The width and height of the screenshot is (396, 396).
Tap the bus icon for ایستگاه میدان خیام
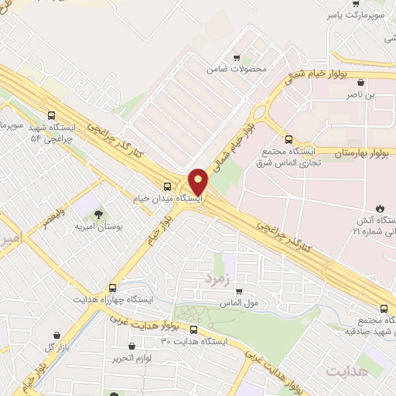[x=168, y=186]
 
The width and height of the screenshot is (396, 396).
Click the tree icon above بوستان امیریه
[x=100, y=214]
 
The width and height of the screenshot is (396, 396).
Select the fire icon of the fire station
[x=380, y=207]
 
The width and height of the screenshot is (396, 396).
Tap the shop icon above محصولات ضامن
[x=237, y=56]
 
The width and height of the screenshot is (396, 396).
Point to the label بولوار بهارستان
[x=364, y=154]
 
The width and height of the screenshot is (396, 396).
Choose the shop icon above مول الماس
[x=238, y=291]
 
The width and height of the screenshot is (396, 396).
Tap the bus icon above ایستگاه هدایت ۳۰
[x=193, y=329]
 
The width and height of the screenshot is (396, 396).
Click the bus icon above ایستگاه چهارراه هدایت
[x=113, y=287]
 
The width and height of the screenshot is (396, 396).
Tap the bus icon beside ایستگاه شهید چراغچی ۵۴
[x=51, y=117]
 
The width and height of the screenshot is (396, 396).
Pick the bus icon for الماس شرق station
[x=288, y=140]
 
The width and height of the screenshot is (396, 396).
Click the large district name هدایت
[x=343, y=372]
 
